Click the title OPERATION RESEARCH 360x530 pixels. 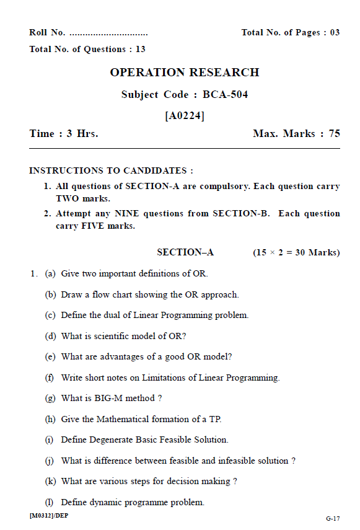tap(185, 73)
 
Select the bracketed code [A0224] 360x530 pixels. tap(185, 115)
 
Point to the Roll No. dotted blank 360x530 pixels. tap(108, 33)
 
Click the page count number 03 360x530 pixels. tap(335, 33)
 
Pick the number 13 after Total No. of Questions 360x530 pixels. tap(140, 49)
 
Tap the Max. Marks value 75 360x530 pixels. tap(334, 134)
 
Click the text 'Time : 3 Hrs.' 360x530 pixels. tap(64, 134)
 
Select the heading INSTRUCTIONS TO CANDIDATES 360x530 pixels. tap(111, 170)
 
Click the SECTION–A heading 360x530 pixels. tap(185, 252)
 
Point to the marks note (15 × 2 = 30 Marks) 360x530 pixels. tap(296, 252)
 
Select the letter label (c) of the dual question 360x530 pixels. tap(50, 315)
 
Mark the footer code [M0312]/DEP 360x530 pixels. tap(48, 516)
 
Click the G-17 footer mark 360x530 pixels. tap(333, 518)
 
